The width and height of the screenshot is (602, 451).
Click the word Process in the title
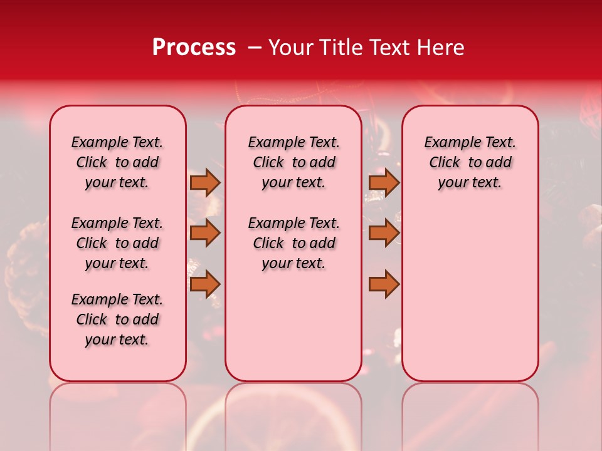tap(193, 48)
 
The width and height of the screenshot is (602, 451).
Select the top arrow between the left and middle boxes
tap(204, 182)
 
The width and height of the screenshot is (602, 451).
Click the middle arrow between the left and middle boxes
tap(204, 233)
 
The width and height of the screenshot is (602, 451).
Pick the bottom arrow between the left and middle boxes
tap(204, 284)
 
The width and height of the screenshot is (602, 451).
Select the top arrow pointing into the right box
tap(384, 182)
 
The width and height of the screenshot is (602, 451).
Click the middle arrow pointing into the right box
tap(384, 233)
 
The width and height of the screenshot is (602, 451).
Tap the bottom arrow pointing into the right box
tap(384, 284)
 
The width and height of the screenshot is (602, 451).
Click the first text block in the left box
tap(117, 162)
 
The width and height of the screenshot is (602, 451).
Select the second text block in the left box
tap(117, 243)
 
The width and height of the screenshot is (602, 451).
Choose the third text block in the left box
tap(117, 319)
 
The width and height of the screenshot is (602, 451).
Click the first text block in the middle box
tap(293, 162)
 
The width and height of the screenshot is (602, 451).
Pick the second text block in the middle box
tap(293, 243)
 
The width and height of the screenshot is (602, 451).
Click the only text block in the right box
tap(470, 162)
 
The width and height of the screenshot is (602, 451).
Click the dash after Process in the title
tap(255, 48)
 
